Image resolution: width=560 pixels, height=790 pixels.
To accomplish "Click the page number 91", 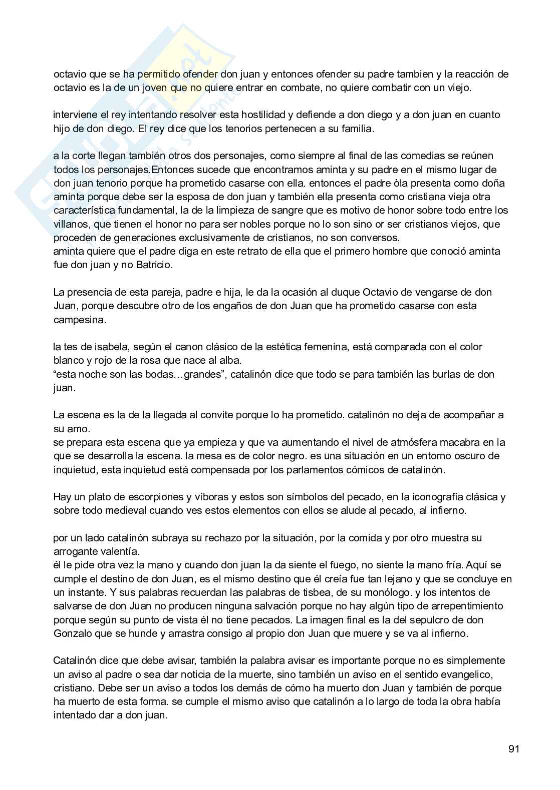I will (514, 749).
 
